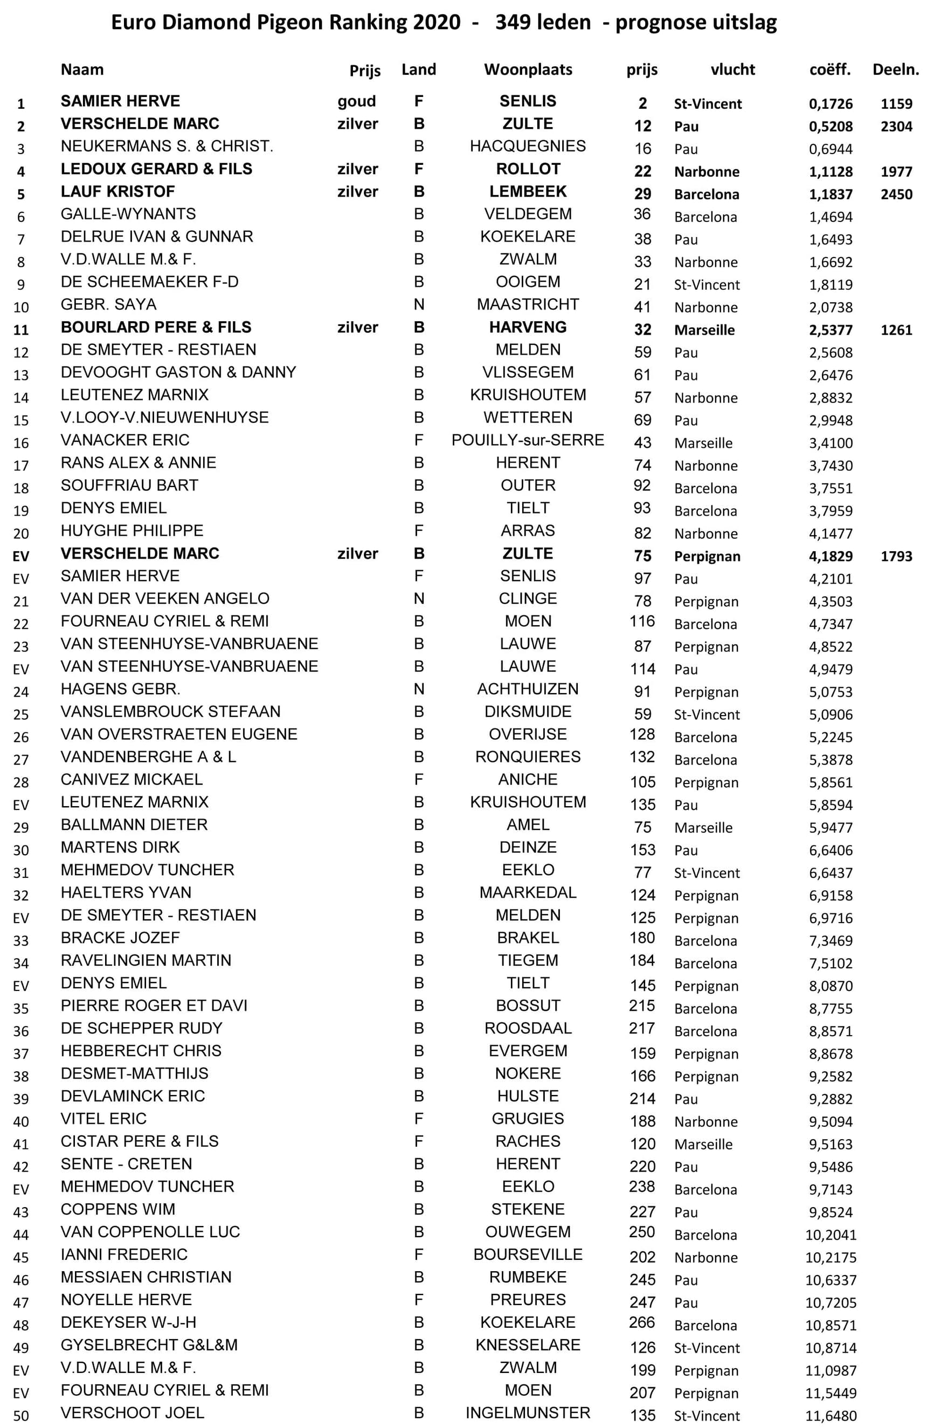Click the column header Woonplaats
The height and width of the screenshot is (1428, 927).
point(528,70)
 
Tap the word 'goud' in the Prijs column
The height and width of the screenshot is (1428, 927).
point(356,101)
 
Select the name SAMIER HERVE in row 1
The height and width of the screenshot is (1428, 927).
point(120,101)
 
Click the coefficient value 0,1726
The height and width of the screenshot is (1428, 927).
point(830,104)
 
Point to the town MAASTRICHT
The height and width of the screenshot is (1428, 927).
point(528,304)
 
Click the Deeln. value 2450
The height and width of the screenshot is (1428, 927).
point(896,195)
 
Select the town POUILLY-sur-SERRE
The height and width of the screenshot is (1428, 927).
point(528,440)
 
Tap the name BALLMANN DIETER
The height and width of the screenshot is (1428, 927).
point(134,824)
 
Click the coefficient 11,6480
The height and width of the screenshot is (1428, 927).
point(830,1416)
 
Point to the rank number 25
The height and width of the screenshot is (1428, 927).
point(21,715)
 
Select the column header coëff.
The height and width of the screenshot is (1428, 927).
point(830,70)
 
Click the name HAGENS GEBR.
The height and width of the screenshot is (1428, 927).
point(120,689)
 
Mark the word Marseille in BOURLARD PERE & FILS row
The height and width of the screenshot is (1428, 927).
point(704,330)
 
